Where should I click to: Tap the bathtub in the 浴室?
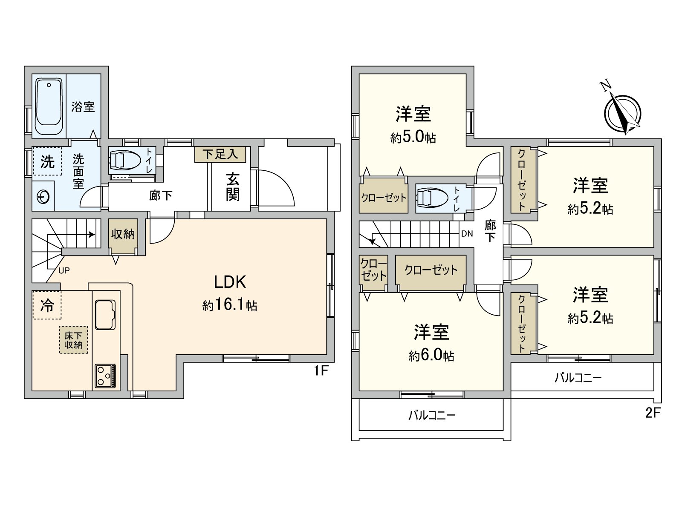pyautogui.click(x=49, y=106)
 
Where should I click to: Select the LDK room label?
pyautogui.click(x=230, y=282)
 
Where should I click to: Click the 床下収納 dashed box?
pyautogui.click(x=73, y=340)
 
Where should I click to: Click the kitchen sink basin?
pyautogui.click(x=105, y=315)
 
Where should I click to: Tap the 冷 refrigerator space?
pyautogui.click(x=47, y=305)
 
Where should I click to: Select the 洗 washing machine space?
pyautogui.click(x=47, y=161)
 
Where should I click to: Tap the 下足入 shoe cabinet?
pyautogui.click(x=220, y=154)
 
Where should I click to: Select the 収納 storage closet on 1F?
pyautogui.click(x=123, y=235)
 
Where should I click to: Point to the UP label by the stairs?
pyautogui.click(x=64, y=270)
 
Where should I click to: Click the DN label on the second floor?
pyautogui.click(x=467, y=233)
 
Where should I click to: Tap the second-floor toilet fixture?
pyautogui.click(x=433, y=198)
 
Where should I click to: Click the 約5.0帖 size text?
pyautogui.click(x=413, y=137)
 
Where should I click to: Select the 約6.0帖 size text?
pyautogui.click(x=431, y=356)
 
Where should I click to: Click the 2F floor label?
pyautogui.click(x=653, y=413)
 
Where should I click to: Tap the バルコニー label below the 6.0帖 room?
pyautogui.click(x=432, y=415)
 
